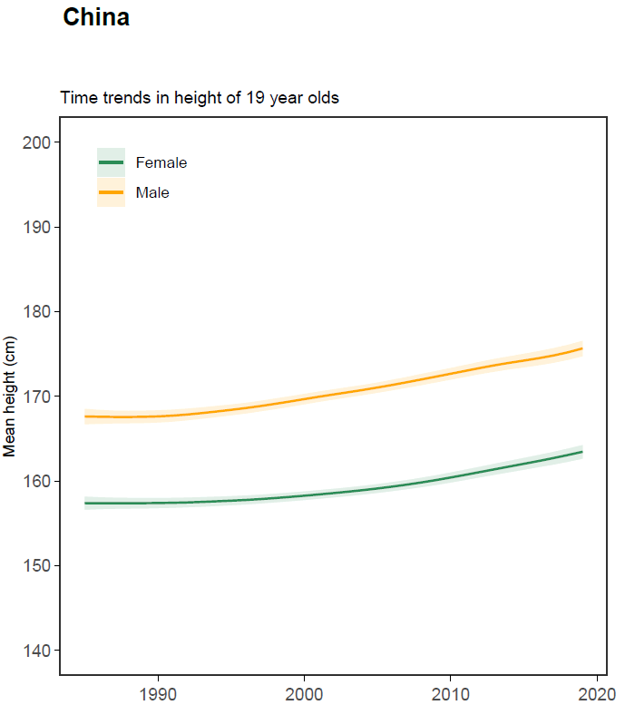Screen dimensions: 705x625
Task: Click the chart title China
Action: click(96, 18)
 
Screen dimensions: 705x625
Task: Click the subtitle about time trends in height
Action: click(200, 98)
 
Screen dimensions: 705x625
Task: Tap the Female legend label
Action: click(161, 163)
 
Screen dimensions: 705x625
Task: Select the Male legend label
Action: click(152, 192)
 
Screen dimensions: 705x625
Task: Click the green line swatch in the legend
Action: click(111, 162)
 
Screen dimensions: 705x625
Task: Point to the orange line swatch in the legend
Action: click(111, 192)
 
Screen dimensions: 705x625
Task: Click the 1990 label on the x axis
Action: click(158, 694)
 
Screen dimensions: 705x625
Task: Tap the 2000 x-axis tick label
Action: click(304, 694)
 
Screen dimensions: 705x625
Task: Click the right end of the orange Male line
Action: click(581, 348)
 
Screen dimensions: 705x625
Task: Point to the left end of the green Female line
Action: click(85, 503)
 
